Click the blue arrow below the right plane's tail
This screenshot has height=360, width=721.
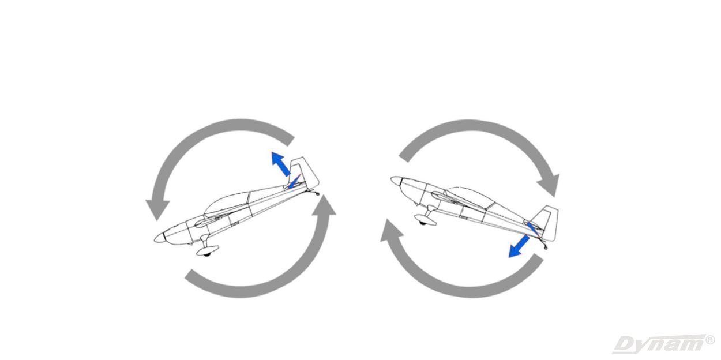[519, 246]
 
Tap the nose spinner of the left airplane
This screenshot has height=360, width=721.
[159, 238]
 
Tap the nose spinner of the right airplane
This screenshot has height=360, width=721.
[396, 181]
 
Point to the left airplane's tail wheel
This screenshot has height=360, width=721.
[318, 194]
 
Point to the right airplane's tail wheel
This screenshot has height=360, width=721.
[545, 247]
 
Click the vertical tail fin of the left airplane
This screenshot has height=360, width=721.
[305, 172]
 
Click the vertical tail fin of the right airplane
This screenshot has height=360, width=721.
[546, 223]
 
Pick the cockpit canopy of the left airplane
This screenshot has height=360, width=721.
[227, 202]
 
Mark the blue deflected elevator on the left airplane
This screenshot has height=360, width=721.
[294, 181]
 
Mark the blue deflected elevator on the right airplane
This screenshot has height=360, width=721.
[533, 229]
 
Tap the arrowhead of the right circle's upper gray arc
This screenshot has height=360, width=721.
[549, 185]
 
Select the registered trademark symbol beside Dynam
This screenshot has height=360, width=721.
[710, 339]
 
